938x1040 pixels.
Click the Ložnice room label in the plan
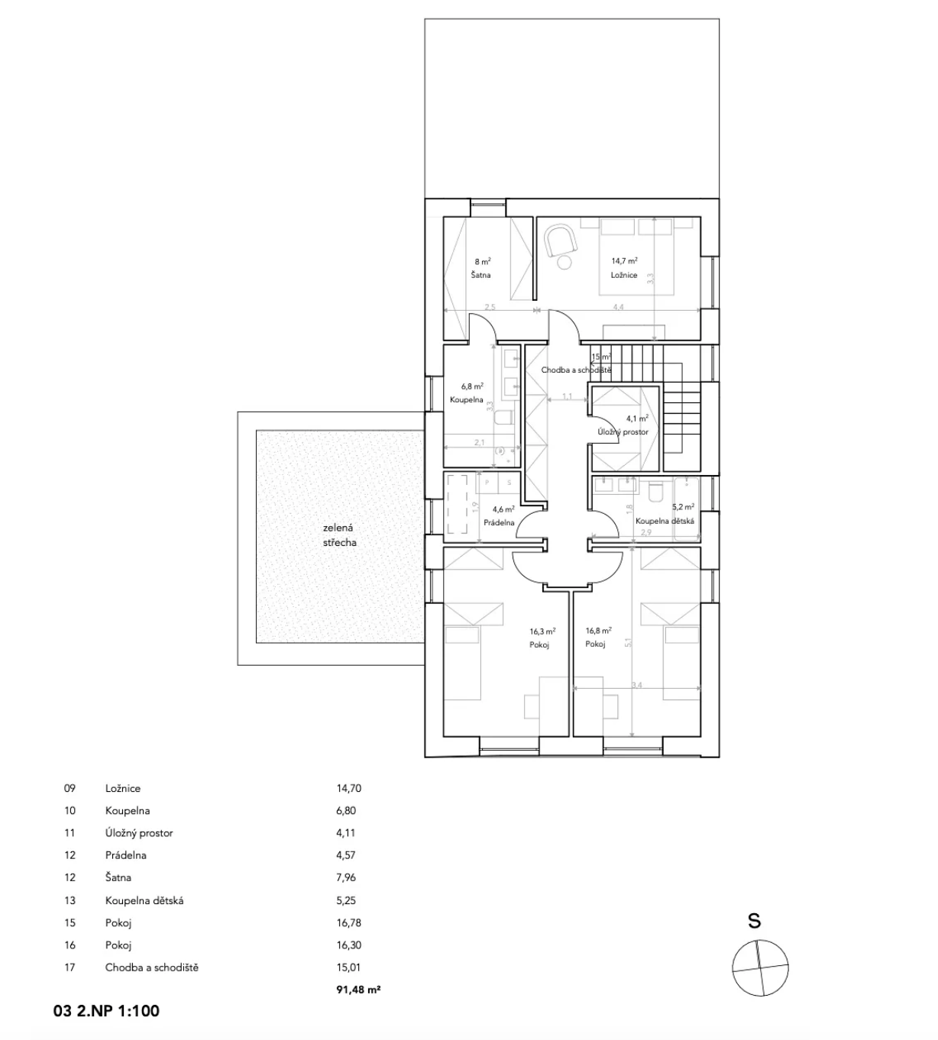pyautogui.click(x=623, y=275)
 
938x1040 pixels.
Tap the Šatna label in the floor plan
pyautogui.click(x=480, y=275)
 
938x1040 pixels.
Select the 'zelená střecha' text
pyautogui.click(x=338, y=535)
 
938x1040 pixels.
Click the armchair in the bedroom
pyautogui.click(x=561, y=240)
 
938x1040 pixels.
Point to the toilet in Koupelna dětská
pyautogui.click(x=655, y=493)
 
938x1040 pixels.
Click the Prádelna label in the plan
pyautogui.click(x=499, y=523)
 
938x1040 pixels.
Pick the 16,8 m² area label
pyautogui.click(x=598, y=631)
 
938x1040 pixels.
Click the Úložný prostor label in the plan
pyautogui.click(x=623, y=432)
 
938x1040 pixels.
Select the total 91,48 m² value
pyautogui.click(x=354, y=990)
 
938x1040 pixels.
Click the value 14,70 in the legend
pyautogui.click(x=349, y=788)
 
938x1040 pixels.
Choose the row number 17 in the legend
pyautogui.click(x=70, y=967)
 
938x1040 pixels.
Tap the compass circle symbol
pyautogui.click(x=759, y=968)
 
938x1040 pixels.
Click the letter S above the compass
pyautogui.click(x=754, y=921)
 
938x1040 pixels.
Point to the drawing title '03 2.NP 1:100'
pyautogui.click(x=106, y=1012)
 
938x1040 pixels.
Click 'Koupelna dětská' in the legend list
pyautogui.click(x=144, y=900)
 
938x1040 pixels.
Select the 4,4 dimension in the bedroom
pyautogui.click(x=619, y=307)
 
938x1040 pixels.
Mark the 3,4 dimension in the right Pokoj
pyautogui.click(x=636, y=686)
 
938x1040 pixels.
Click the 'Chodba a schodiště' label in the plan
pyautogui.click(x=576, y=370)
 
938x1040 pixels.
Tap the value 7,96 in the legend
pyautogui.click(x=346, y=877)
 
